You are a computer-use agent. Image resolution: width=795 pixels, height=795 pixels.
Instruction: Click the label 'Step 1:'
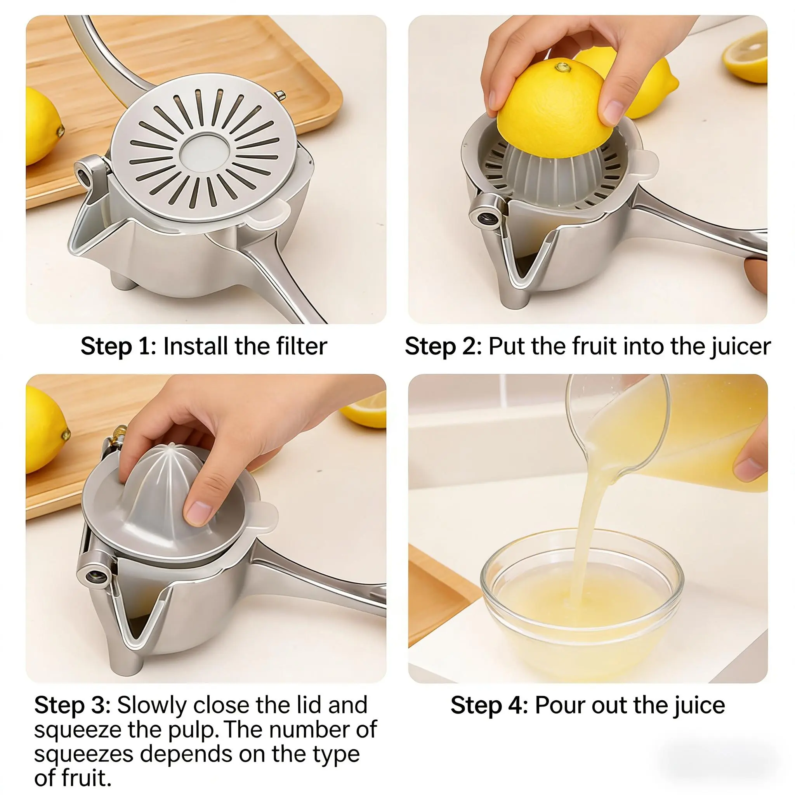[x=118, y=346]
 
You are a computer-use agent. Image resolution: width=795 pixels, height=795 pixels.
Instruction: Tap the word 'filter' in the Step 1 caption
[x=302, y=345]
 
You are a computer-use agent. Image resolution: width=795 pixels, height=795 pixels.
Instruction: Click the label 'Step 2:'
[x=443, y=346]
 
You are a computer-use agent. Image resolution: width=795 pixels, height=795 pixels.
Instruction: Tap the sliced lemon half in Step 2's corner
[x=745, y=56]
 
